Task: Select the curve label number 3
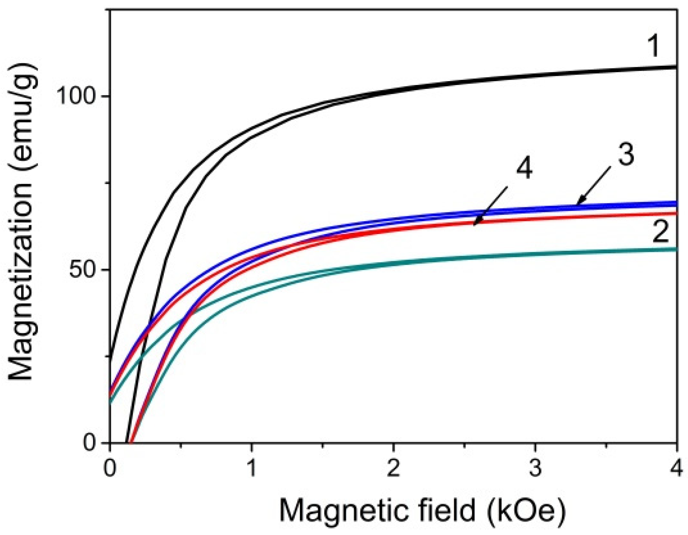[626, 154]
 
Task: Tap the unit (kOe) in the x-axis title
[526, 511]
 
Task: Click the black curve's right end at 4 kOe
[675, 67]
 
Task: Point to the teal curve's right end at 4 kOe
[675, 249]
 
